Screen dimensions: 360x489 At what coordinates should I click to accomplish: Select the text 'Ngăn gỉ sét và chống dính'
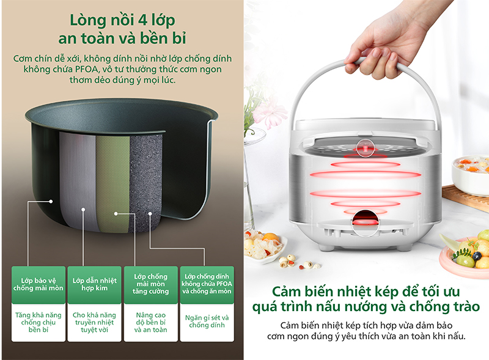[x=207, y=321]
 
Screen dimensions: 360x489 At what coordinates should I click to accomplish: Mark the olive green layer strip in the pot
[x=111, y=177]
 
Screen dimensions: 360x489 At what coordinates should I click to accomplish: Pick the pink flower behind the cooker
[x=269, y=112]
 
